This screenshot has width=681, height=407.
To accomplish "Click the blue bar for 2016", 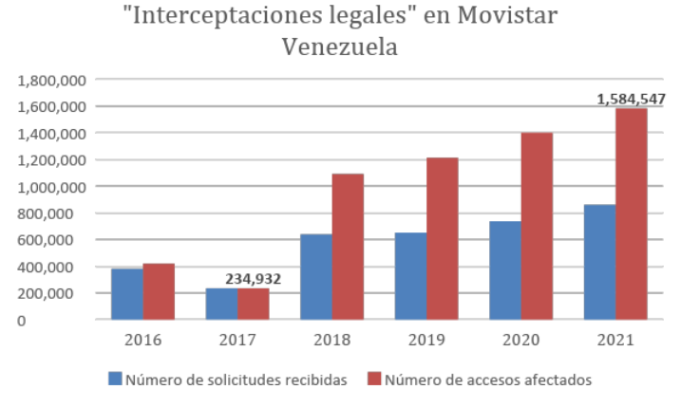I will click(x=126, y=294).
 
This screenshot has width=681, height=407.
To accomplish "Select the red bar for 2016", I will click(x=158, y=291).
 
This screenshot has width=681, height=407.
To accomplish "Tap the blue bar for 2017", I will click(x=221, y=304).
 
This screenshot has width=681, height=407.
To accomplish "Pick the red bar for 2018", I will click(x=348, y=247).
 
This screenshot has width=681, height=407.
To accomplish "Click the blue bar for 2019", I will click(x=410, y=276).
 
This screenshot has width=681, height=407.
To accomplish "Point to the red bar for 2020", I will click(x=537, y=226).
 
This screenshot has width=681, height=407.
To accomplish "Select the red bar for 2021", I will click(x=631, y=213).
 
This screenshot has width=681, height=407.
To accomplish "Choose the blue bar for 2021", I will click(x=599, y=262).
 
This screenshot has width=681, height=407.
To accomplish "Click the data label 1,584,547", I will click(x=631, y=98).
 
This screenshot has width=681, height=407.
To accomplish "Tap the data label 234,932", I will click(x=254, y=278).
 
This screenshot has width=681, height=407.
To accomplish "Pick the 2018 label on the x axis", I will click(x=331, y=340).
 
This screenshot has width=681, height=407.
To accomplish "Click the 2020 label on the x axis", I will click(x=520, y=340).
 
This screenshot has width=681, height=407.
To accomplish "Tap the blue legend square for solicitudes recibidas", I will click(x=115, y=379).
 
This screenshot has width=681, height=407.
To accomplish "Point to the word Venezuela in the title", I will click(x=340, y=46).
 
